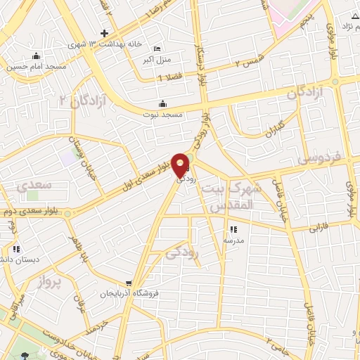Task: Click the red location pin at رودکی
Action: (x=181, y=164)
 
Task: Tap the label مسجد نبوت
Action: (x=162, y=114)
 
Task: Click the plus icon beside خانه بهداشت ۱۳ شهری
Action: (x=104, y=33)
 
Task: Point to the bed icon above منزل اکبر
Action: (x=156, y=49)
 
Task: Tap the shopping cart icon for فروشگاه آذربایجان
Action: (x=127, y=283)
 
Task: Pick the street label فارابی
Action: (x=321, y=227)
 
